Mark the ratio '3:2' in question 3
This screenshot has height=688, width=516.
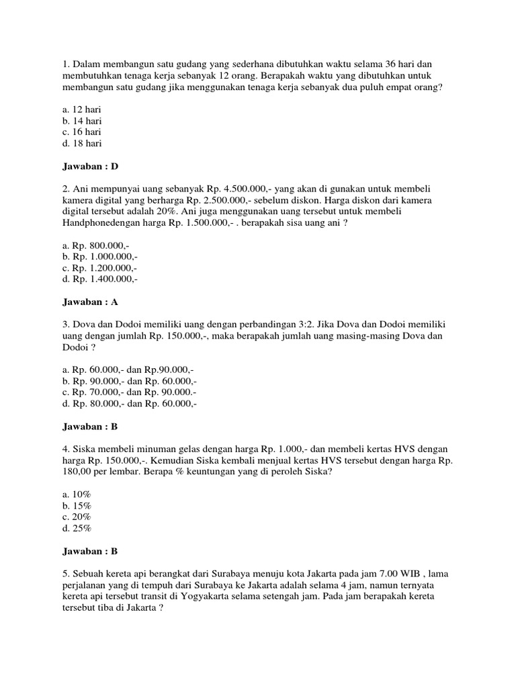click(358, 325)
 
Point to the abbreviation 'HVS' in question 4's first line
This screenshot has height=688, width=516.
click(398, 449)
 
